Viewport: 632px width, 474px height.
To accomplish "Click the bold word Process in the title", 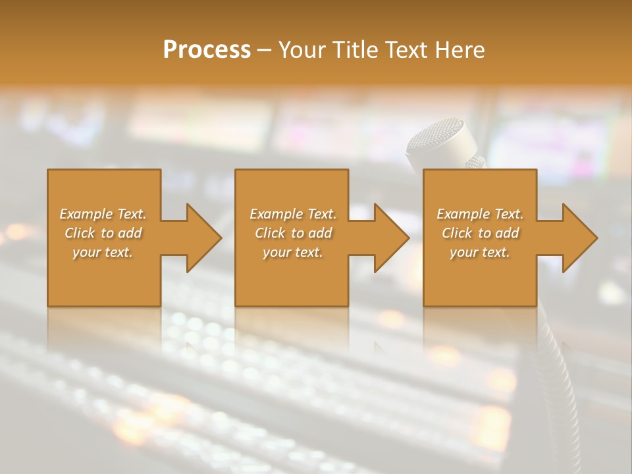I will coord(207,50).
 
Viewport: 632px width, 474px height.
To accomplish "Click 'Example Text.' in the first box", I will coord(103,214).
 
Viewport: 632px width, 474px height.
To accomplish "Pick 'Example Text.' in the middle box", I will coord(293,214).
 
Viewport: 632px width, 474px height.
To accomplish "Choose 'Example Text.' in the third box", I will coord(480,214).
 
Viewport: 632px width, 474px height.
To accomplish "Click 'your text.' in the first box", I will coord(103,252).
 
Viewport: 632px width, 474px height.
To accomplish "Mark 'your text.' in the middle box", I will coord(293,252).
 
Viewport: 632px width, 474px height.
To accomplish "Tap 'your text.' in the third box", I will coord(480,252).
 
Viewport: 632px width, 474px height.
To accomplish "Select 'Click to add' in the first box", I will coord(103,233).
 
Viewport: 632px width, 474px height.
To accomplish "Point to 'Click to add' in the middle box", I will coord(293,233).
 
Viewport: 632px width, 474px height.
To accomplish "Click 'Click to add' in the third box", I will coord(480,233).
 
